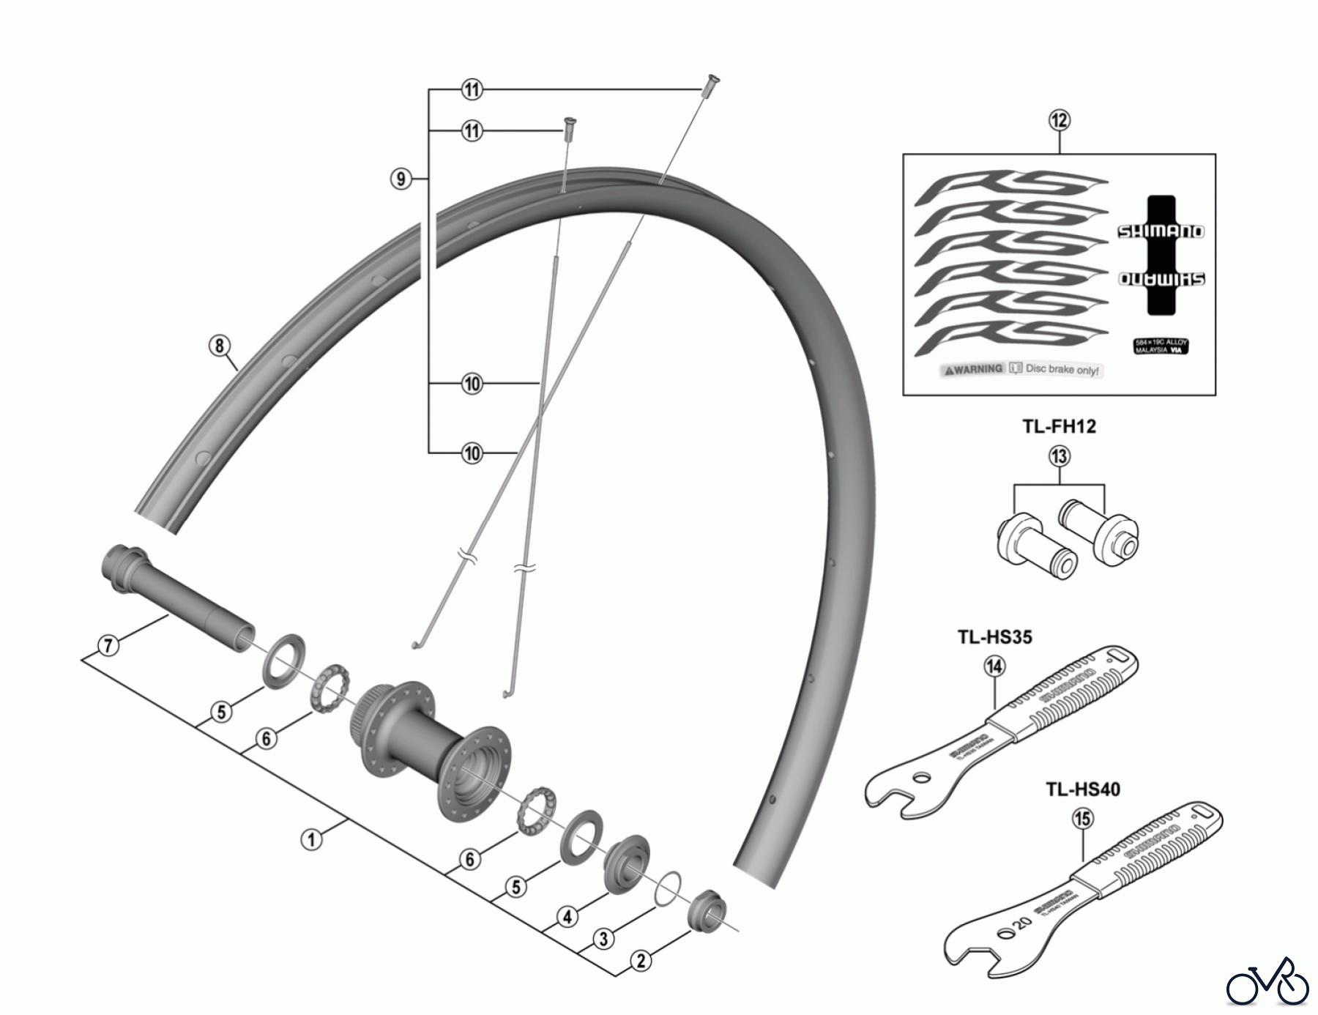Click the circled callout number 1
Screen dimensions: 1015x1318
tap(311, 839)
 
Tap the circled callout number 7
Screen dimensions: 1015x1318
tap(108, 646)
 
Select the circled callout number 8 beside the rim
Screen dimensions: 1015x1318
tap(219, 345)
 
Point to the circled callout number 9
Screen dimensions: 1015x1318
tap(401, 178)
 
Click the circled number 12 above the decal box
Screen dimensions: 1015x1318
tap(1059, 120)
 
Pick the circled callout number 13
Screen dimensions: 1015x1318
tap(1059, 457)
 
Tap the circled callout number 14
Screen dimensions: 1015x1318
tap(994, 666)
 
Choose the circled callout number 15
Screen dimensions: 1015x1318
tap(1082, 819)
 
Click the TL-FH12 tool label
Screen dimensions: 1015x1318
tap(1059, 426)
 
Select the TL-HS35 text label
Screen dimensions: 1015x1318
tap(994, 637)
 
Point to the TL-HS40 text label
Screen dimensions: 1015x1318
tap(1082, 789)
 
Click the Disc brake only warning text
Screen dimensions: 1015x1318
tap(1062, 370)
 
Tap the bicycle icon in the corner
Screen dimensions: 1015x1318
tap(1267, 981)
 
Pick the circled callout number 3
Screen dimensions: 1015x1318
tap(603, 939)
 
